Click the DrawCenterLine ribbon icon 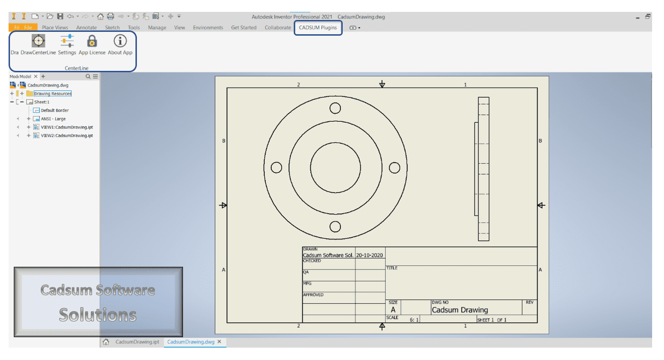coord(38,41)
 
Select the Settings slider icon coord(67,41)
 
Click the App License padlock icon coord(92,41)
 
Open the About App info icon coord(120,41)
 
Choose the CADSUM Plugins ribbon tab coord(318,28)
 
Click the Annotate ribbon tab coord(87,28)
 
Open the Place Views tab coord(55,28)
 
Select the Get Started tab coord(243,28)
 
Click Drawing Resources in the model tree coord(52,94)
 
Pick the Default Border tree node coord(55,110)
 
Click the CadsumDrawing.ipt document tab coord(137,342)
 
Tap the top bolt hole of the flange coord(335,108)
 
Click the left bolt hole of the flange coord(276,167)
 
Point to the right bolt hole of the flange coord(395,167)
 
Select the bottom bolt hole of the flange coord(335,226)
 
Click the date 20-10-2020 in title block coord(370,255)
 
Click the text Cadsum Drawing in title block coord(460,310)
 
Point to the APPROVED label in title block coord(313,295)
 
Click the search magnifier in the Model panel coord(88,77)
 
